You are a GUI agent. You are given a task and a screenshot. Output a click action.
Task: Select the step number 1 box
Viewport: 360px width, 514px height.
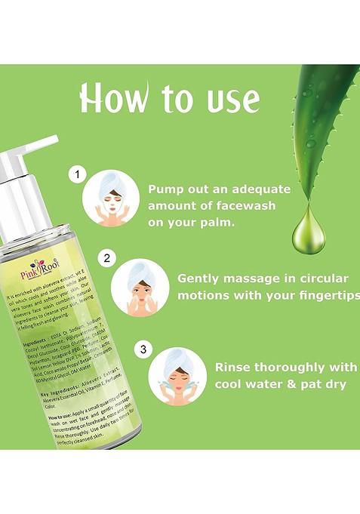pos(75,176)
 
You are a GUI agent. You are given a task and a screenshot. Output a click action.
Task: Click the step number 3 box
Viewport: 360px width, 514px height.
pos(141,349)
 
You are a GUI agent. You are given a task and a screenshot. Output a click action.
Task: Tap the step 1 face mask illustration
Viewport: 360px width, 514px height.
pos(111,198)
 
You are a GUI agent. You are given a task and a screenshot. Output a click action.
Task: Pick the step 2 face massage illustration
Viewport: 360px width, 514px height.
pos(140,285)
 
